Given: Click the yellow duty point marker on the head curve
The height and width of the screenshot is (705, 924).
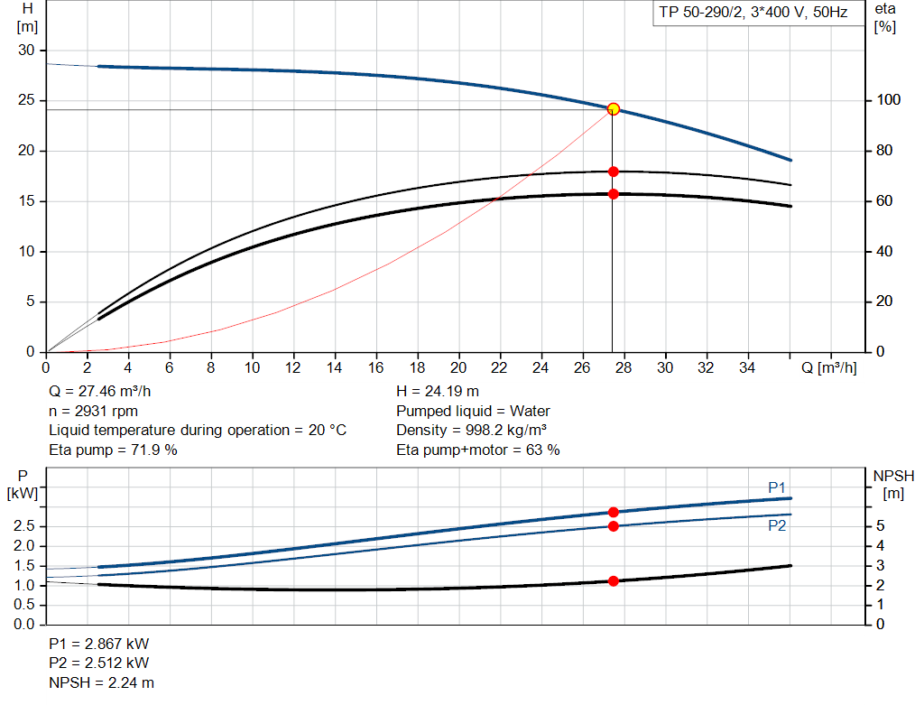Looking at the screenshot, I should click(614, 109).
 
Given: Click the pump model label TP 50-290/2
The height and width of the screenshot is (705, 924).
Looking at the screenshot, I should click(751, 14).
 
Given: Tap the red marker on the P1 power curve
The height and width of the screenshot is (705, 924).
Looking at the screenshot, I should click(614, 512).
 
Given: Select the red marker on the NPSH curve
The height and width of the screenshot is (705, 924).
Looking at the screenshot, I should click(614, 581).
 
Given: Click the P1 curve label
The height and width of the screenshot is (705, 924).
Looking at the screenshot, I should click(777, 487).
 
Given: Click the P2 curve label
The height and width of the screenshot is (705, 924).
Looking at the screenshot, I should click(777, 525).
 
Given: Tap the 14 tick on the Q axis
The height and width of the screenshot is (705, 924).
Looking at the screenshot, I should click(335, 367).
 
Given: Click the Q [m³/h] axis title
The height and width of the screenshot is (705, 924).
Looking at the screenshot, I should click(828, 367).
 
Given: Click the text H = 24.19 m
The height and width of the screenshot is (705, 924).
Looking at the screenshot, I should click(438, 391).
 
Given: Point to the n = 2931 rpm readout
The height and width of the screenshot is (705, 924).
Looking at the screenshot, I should click(93, 411).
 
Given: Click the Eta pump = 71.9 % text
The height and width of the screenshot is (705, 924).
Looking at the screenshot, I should click(113, 450).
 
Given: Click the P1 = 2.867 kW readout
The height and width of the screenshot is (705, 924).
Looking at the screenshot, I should click(99, 645).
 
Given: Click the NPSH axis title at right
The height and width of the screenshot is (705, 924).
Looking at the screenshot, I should click(892, 484).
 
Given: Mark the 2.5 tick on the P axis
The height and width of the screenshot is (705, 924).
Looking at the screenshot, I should click(24, 526).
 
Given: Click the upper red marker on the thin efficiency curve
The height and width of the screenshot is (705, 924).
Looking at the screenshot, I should click(614, 172).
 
